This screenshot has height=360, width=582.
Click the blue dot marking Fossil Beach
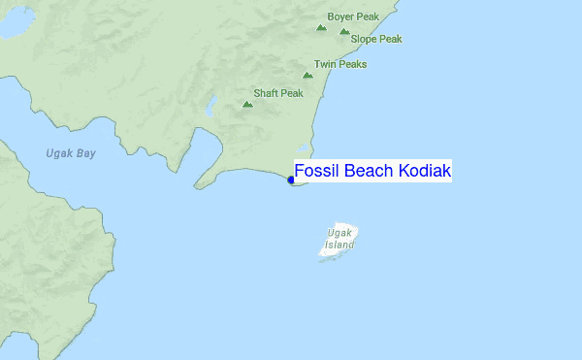coord(291,180)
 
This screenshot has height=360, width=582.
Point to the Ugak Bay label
coord(71,153)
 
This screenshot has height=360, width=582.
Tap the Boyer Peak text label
coord(352,17)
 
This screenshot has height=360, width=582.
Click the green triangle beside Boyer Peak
coord(321,26)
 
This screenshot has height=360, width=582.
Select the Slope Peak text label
coord(375,40)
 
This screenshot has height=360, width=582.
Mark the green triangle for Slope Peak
coord(344,31)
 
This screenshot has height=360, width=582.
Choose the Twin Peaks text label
coord(340,64)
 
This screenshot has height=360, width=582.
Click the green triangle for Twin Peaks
coord(307,74)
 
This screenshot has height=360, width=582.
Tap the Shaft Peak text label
coord(278,94)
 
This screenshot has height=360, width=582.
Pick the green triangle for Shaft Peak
coord(247,103)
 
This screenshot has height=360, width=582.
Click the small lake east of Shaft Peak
coord(210,103)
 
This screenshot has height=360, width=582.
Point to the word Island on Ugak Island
coord(339,245)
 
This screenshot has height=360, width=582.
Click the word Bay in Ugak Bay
coord(86,153)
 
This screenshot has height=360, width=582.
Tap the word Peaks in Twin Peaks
coord(352,64)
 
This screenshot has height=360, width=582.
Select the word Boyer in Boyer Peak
coord(340,17)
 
